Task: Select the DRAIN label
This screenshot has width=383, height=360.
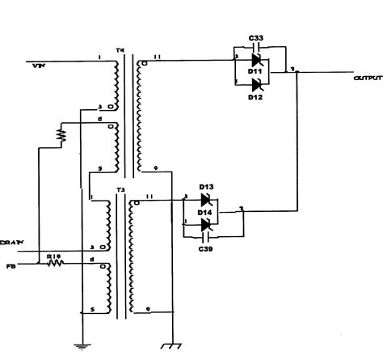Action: (x=11, y=241)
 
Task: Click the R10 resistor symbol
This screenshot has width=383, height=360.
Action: (x=55, y=264)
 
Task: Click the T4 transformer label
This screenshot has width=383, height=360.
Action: (x=120, y=50)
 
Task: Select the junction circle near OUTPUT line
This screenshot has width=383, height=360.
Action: (x=298, y=73)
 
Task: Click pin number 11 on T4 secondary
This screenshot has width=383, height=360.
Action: (x=157, y=57)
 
